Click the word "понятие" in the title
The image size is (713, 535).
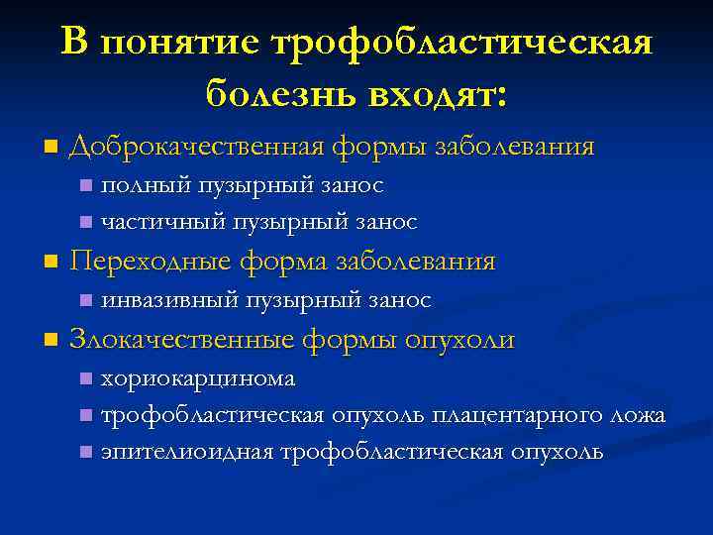pos(179,43)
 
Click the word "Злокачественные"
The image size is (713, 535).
pos(182,340)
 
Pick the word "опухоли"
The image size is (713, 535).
pos(459,340)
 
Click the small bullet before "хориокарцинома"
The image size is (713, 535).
pos(86,378)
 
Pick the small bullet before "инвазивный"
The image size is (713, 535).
pos(86,299)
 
